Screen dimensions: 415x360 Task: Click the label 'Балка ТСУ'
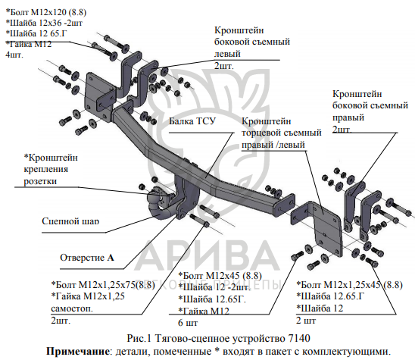point(192,121)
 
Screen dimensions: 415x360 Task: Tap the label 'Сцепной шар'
point(70,221)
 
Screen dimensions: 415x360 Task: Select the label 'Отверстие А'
point(87,258)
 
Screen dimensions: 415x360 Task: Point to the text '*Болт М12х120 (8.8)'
point(45,12)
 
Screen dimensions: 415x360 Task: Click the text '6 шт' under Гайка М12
point(188,323)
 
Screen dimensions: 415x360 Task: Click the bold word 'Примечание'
point(78,351)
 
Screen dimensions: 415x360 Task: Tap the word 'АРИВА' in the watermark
point(208,255)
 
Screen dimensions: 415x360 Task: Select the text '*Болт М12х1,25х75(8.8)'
point(103,285)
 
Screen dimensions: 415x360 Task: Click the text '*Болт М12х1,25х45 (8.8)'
point(349,285)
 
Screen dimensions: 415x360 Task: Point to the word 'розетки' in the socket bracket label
point(40,181)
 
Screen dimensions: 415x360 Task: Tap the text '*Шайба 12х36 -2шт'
point(44,23)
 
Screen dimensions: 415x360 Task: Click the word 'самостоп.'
point(72,308)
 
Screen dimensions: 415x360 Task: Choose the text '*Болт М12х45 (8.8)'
point(220,276)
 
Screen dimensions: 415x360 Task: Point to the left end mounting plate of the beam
point(97,97)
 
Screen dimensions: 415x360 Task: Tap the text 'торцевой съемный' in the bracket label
point(282,133)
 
